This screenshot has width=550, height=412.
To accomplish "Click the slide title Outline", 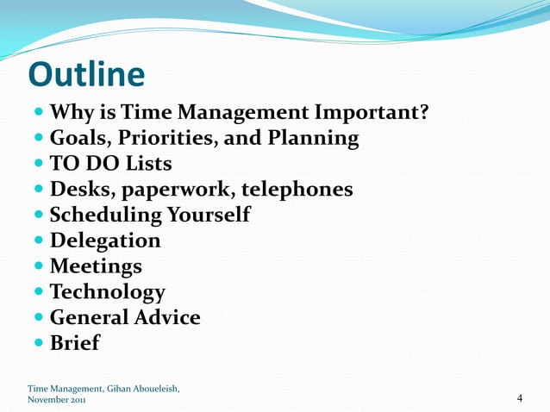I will [86, 74].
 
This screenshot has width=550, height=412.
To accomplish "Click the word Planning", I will [317, 138].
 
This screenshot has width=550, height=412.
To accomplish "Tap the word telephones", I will [297, 189].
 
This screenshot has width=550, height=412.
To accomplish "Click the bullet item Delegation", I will [105, 240].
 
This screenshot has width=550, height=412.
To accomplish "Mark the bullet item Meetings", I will [96, 266].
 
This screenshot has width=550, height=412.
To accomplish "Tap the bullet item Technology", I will [107, 292].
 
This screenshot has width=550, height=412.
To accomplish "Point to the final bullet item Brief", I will [74, 343].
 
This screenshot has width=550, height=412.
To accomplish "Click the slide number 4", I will [520, 397].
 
